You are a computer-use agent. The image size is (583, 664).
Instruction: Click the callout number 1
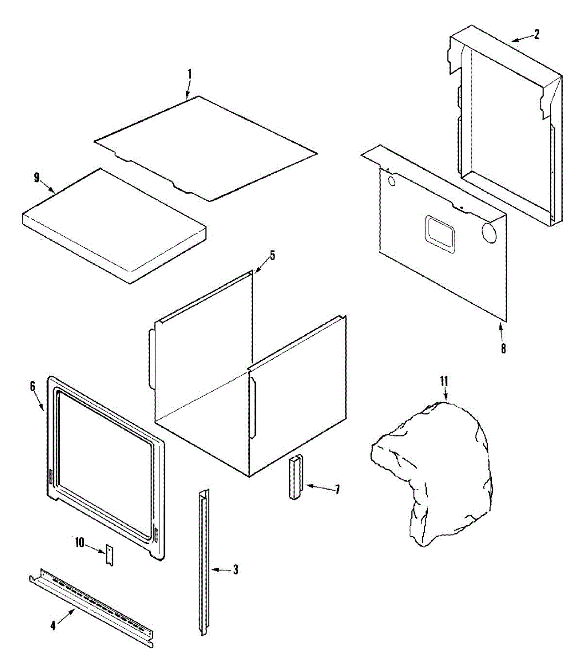tap(189, 74)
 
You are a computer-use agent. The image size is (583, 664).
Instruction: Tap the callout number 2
tap(536, 34)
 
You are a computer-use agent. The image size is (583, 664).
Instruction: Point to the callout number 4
tap(53, 626)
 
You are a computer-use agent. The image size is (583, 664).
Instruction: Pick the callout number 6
tap(32, 386)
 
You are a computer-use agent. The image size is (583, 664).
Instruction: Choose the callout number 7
tap(337, 490)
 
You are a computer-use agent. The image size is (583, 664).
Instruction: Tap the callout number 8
tap(503, 349)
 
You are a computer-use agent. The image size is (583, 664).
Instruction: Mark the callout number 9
tap(37, 177)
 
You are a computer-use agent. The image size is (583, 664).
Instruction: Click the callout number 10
tap(80, 542)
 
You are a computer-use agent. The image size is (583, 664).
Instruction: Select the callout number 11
tap(443, 381)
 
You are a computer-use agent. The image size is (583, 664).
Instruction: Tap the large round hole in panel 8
tap(489, 232)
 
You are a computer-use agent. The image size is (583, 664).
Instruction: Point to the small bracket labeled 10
tap(110, 555)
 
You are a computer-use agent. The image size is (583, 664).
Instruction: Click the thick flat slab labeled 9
tap(113, 227)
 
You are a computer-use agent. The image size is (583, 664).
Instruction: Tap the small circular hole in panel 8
tap(392, 181)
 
